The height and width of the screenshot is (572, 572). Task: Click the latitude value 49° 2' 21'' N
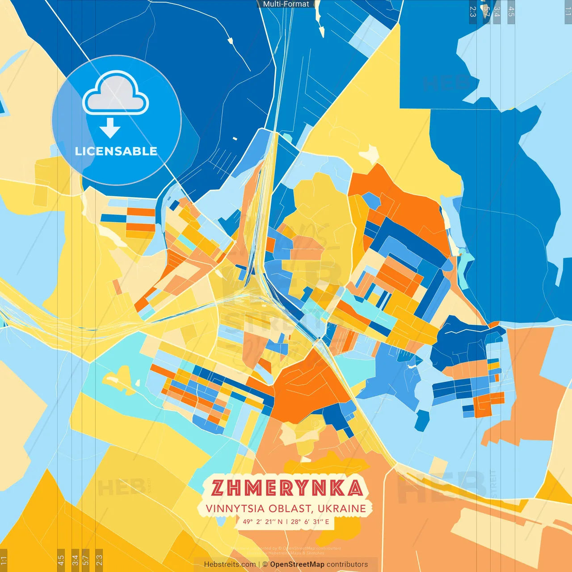pyautogui.click(x=263, y=522)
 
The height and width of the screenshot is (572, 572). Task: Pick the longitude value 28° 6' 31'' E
pyautogui.click(x=310, y=522)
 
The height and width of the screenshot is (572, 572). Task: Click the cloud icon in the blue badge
pyautogui.click(x=116, y=93)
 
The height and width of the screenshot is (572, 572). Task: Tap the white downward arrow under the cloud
pyautogui.click(x=110, y=128)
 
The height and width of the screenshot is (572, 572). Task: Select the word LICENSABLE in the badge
pyautogui.click(x=116, y=151)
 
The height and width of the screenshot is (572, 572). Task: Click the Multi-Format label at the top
pyautogui.click(x=286, y=4)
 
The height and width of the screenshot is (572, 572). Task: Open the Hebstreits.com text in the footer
pyautogui.click(x=230, y=564)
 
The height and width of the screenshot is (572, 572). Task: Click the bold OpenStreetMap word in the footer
pyautogui.click(x=297, y=564)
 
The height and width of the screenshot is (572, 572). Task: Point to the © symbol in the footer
pyautogui.click(x=265, y=564)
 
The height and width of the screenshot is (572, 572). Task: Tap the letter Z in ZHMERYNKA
pyautogui.click(x=218, y=488)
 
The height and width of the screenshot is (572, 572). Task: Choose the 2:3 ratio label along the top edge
pyautogui.click(x=473, y=11)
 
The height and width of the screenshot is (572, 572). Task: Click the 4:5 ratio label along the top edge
pyautogui.click(x=511, y=11)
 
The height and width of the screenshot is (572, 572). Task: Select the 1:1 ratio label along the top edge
pyautogui.click(x=568, y=11)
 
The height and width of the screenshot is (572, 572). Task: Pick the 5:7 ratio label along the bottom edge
pyautogui.click(x=85, y=560)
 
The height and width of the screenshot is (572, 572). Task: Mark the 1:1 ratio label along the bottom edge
pyautogui.click(x=4, y=560)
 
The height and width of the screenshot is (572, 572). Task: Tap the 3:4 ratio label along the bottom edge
pyautogui.click(x=75, y=560)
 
